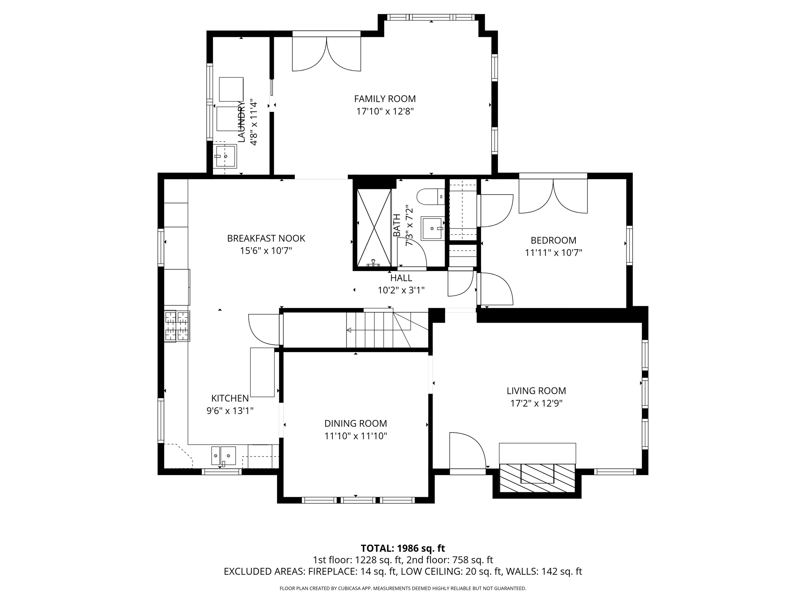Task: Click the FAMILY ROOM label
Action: [385, 99]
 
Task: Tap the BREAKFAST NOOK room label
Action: [266, 238]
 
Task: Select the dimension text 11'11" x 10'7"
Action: [553, 252]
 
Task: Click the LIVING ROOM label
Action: [536, 391]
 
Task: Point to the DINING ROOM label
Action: [356, 423]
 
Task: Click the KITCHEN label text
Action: [230, 398]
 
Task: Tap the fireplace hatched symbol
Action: [537, 478]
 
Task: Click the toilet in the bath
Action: [431, 197]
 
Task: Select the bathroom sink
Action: [433, 228]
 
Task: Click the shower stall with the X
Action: [374, 228]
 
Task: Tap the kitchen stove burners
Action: [177, 326]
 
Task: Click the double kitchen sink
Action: [224, 456]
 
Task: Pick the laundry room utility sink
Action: [225, 156]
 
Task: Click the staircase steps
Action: [379, 330]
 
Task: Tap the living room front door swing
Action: [468, 451]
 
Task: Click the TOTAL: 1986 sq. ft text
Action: [403, 548]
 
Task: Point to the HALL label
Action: [401, 278]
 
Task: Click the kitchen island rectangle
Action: [263, 372]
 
